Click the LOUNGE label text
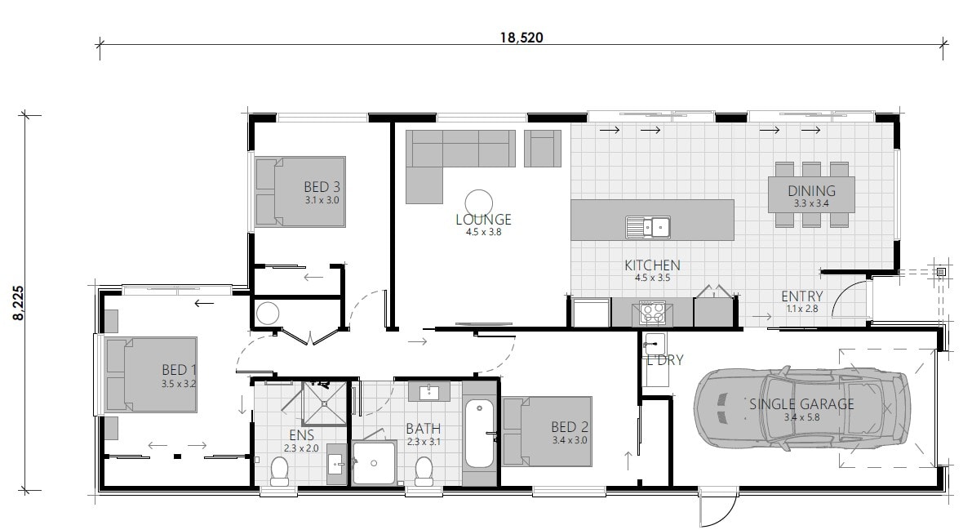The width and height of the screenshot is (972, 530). (483, 219)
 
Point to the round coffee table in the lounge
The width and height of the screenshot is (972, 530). (478, 201)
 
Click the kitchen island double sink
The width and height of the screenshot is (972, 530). (648, 226)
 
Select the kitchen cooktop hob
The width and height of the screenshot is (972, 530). (651, 310)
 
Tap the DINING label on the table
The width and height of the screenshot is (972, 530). (811, 191)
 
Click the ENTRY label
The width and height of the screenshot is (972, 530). (801, 296)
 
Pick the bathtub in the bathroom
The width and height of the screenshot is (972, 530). (479, 434)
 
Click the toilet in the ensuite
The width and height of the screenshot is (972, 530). (279, 470)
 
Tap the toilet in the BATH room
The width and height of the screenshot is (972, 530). (424, 470)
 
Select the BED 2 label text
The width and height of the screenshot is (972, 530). (569, 426)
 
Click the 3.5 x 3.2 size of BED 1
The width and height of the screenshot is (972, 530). (179, 382)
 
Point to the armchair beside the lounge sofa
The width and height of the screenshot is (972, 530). (543, 148)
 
